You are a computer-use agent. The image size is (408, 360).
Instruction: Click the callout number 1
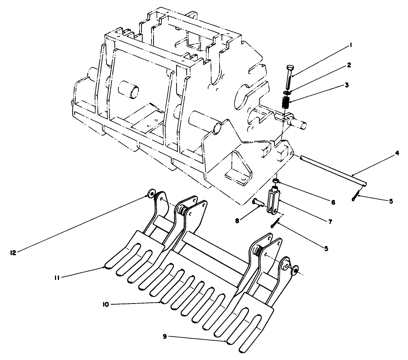point(350,45)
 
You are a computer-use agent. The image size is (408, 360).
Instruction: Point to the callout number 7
point(330,222)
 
